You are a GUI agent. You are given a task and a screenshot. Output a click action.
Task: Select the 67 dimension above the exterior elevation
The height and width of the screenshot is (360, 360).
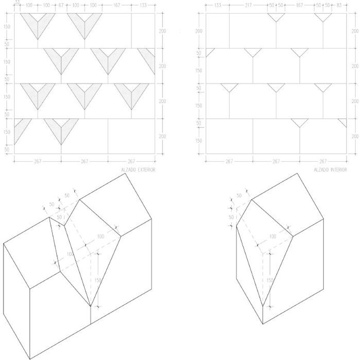tap(61, 5)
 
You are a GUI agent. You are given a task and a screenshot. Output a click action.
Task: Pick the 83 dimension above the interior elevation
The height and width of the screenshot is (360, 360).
tap(339, 5)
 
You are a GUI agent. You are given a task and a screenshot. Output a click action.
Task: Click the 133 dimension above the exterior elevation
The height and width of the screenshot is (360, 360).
tap(143, 5)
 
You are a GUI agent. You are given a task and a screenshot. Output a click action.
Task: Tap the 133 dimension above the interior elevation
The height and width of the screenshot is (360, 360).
tap(217, 5)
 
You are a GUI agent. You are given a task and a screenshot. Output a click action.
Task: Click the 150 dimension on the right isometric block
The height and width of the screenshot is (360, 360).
tap(270, 280)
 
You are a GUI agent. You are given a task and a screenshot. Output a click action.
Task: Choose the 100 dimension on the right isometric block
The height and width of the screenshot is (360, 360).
tap(273, 236)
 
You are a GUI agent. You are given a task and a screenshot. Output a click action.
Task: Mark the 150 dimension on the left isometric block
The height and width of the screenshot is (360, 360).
tap(98, 280)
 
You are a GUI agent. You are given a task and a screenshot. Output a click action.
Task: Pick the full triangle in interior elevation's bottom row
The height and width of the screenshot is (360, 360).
tap(300, 122)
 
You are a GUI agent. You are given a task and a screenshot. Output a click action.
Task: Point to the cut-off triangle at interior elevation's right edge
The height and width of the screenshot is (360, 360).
tap(343, 122)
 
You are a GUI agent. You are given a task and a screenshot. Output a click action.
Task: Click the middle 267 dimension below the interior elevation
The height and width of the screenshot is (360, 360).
tap(276, 161)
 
